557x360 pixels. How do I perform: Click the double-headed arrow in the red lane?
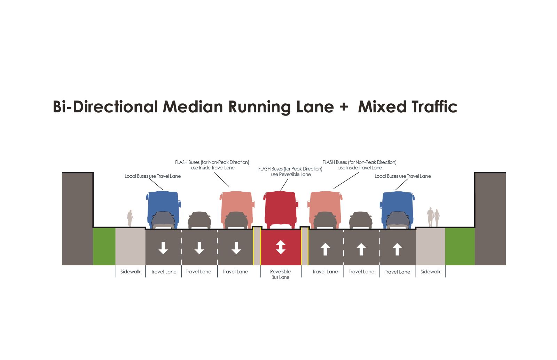[x=281, y=247]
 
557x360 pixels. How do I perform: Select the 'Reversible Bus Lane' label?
[x=281, y=274]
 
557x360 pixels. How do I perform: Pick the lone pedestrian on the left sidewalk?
[x=130, y=218]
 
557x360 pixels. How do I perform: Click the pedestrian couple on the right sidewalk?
[x=433, y=218]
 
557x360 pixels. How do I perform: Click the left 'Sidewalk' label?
[x=131, y=272]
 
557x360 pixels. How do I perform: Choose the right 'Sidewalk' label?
[x=431, y=272]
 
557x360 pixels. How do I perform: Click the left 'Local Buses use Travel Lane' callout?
[x=153, y=176]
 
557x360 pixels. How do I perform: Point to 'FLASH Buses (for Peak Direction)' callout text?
[x=290, y=169]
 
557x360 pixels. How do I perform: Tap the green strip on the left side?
[x=104, y=246]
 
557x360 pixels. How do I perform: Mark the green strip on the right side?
[x=460, y=246]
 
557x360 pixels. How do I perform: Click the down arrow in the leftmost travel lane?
[x=163, y=248]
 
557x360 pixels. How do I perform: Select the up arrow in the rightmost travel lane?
[x=397, y=249]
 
